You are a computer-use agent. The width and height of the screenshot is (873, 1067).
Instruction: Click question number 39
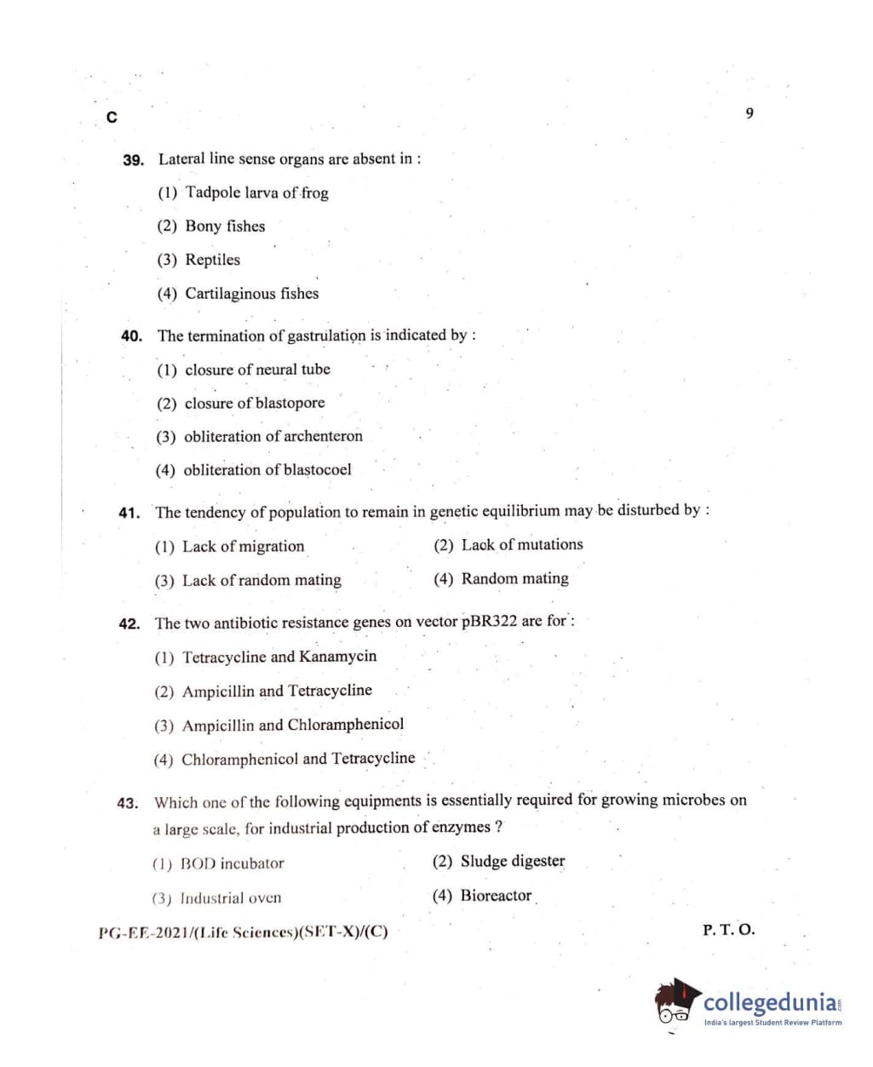pos(133,160)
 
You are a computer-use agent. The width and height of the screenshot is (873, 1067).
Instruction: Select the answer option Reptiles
pos(212,260)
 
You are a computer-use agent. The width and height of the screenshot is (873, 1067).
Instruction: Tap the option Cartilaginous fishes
pos(251,294)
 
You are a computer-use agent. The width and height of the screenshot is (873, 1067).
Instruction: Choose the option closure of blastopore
pos(254,403)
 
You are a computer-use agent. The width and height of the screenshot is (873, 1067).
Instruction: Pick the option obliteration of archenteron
pos(273,436)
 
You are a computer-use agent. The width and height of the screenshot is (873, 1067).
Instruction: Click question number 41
pos(129,513)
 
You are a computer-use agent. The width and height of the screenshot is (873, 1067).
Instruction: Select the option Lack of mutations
pos(521,545)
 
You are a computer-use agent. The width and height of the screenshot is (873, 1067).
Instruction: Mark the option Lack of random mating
pos(261,581)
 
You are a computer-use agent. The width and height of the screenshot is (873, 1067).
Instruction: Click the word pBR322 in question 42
pos(489,621)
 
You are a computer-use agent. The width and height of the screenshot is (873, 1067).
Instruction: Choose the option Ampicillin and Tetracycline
pos(276,691)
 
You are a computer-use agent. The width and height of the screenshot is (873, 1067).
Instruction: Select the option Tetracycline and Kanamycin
pos(279,657)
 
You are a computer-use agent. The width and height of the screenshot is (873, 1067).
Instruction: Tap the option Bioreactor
pos(496,895)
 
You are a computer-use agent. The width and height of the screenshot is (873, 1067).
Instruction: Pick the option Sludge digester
pos(512,861)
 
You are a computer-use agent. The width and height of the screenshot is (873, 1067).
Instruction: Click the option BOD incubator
pos(232,863)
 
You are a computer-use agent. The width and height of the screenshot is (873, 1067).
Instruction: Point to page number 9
pos(750,113)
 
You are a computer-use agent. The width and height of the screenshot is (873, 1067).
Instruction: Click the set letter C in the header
pos(112,118)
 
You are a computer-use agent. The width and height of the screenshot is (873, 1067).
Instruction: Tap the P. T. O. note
pos(728,930)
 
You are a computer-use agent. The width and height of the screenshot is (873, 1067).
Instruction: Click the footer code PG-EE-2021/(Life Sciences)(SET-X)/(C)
pos(243,932)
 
